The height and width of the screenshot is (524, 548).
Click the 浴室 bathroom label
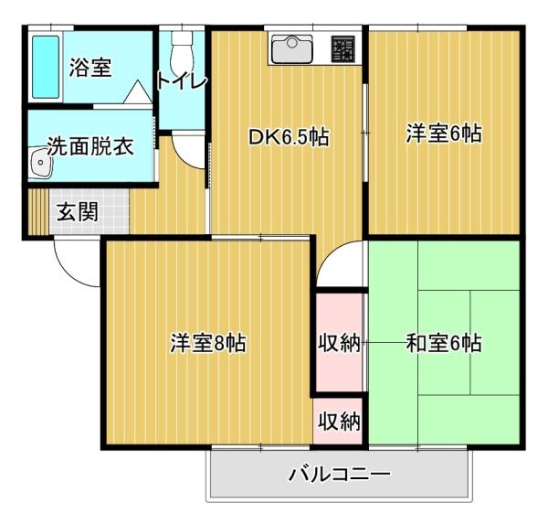coord(90,68)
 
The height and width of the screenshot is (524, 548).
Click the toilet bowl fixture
coord(182,44)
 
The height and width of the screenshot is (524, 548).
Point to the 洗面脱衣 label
coord(90,146)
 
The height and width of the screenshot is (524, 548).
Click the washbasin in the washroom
coord(40,164)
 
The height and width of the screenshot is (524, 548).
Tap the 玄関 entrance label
coord(78,213)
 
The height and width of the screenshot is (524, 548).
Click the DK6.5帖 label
coord(289,137)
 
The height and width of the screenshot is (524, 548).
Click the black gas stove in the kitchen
coord(343,48)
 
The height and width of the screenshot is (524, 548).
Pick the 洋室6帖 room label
coord(444,134)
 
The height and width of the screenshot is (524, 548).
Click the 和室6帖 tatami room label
coord(444,344)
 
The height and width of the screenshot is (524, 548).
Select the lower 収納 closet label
coord(339,422)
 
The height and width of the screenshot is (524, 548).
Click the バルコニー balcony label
coord(340,475)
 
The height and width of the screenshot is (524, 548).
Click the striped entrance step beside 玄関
coord(36,213)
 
